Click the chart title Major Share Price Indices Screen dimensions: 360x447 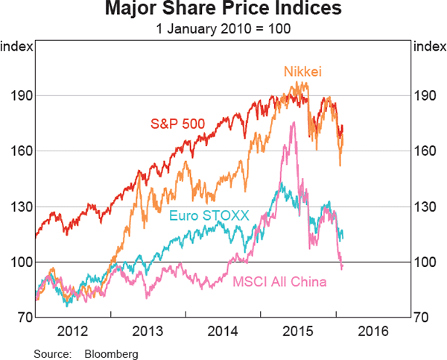tap(223, 10)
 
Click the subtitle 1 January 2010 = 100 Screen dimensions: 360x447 tap(223, 29)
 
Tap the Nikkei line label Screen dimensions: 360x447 tap(302, 72)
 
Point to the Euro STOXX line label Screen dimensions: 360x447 tap(208, 216)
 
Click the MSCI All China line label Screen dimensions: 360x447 tap(280, 282)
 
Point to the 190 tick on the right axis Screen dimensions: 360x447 tap(427, 96)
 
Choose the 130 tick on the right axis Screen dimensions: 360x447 tap(427, 206)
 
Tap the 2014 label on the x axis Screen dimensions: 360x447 tap(223, 330)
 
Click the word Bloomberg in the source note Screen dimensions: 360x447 tap(112, 351)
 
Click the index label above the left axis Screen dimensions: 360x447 tap(16, 47)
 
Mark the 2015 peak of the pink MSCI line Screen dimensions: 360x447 tap(293, 121)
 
